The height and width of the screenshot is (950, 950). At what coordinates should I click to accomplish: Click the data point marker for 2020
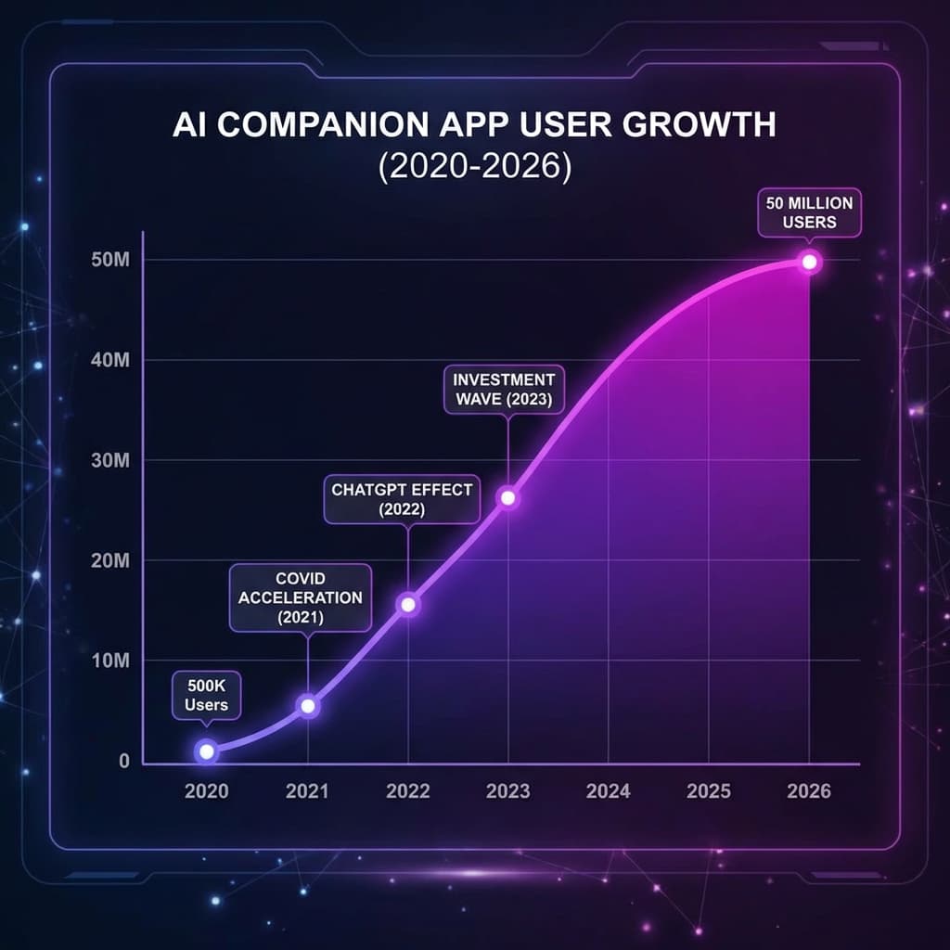(207, 751)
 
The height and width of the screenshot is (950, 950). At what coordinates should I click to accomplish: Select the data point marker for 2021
(309, 706)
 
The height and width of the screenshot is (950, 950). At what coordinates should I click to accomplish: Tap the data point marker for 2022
(408, 605)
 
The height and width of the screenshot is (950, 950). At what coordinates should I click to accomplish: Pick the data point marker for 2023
(507, 497)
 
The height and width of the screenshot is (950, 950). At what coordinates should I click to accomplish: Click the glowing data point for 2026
(809, 262)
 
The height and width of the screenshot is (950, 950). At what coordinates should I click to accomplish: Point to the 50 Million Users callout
(809, 212)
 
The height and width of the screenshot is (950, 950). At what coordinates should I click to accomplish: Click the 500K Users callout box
(207, 695)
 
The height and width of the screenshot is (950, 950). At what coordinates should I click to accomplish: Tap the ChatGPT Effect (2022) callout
(401, 499)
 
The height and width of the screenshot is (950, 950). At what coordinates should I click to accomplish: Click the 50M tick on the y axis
(110, 261)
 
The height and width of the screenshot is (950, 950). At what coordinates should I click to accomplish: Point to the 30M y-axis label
(110, 461)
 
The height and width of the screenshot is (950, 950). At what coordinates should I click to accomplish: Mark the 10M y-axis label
(110, 661)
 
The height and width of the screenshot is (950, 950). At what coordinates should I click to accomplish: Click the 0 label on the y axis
(123, 762)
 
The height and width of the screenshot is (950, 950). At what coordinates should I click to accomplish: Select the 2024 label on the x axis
(609, 791)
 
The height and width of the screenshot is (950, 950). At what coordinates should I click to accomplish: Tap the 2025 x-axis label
(709, 791)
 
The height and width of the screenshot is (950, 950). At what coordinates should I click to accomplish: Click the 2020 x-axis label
(206, 791)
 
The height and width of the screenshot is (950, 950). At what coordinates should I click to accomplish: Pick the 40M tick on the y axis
(110, 361)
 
